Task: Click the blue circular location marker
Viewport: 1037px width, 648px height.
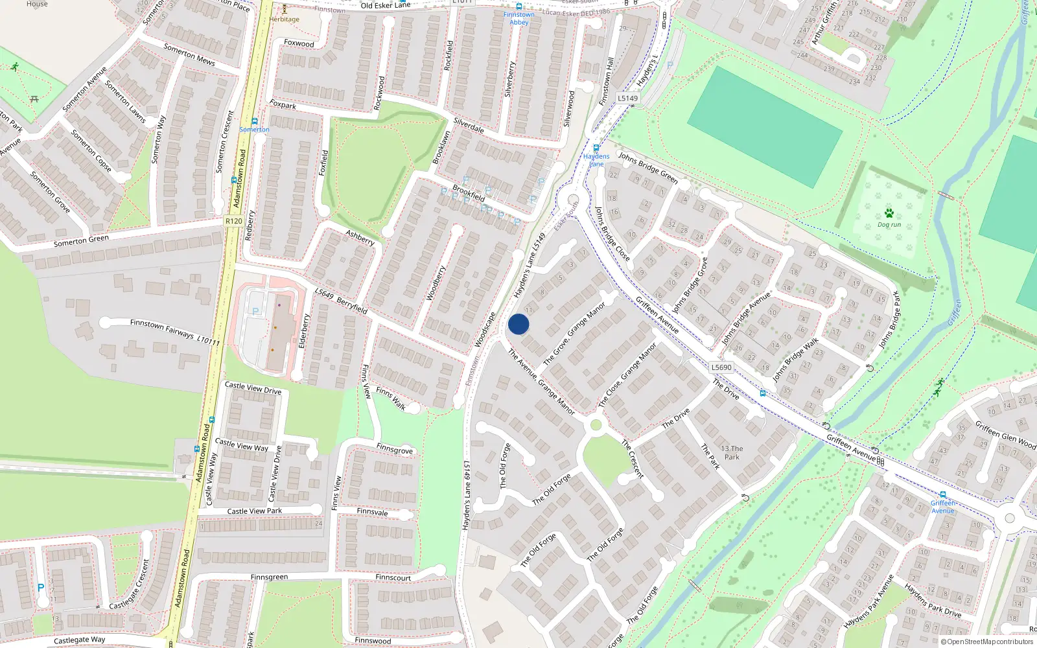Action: click(x=518, y=324)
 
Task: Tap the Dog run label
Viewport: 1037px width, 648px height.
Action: click(x=889, y=225)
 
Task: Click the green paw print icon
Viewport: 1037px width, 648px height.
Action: click(x=889, y=213)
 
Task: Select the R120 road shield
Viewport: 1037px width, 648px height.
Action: click(x=233, y=221)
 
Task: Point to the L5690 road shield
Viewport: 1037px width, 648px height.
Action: click(x=721, y=367)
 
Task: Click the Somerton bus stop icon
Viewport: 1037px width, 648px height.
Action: click(x=255, y=121)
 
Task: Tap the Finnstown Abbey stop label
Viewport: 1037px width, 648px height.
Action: click(x=519, y=18)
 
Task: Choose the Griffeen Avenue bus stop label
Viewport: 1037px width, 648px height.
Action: click(x=942, y=507)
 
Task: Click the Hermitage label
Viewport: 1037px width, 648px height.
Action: click(x=285, y=19)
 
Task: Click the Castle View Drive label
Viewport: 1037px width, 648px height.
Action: click(x=253, y=388)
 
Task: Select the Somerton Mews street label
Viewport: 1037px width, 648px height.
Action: click(x=189, y=54)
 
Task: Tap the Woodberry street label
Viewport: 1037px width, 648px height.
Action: click(x=436, y=283)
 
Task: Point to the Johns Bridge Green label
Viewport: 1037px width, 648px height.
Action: click(x=647, y=168)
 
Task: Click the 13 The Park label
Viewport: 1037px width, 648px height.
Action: click(x=732, y=452)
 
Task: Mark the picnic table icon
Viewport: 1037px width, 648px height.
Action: click(x=34, y=98)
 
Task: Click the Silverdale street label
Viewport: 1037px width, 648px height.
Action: click(x=469, y=125)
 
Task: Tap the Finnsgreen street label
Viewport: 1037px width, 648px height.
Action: click(x=269, y=577)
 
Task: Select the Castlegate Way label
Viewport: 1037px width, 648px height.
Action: click(x=79, y=640)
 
